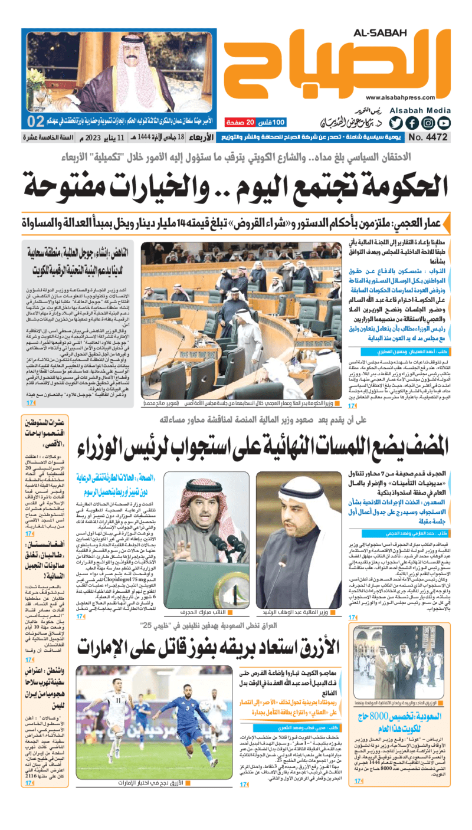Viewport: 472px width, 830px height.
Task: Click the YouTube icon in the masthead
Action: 444,123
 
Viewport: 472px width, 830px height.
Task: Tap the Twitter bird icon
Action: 396,123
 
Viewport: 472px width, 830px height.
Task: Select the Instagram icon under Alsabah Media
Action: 428,123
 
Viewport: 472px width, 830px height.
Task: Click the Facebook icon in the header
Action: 412,123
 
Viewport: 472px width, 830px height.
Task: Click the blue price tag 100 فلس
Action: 273,123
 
